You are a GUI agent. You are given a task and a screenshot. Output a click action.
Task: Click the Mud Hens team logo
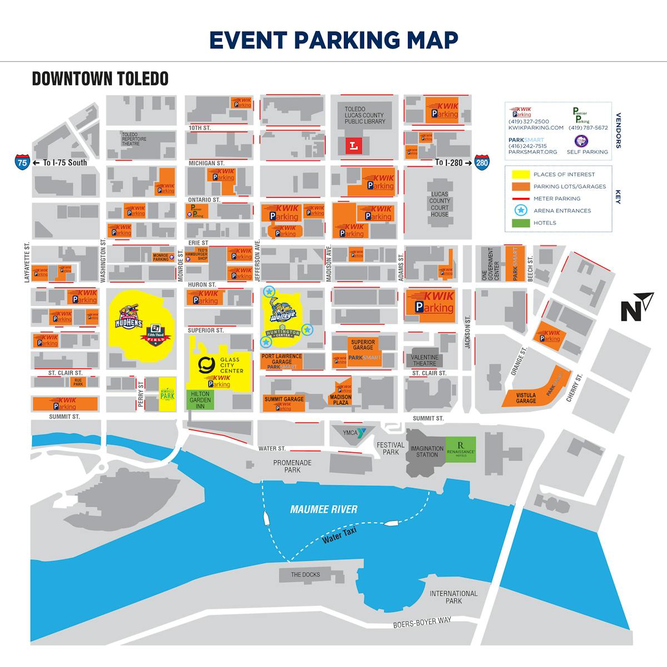[129, 316]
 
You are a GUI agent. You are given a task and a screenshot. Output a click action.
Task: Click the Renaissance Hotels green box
[461, 448]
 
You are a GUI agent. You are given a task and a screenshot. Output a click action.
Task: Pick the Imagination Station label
[427, 451]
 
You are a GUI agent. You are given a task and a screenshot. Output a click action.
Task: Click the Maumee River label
[323, 509]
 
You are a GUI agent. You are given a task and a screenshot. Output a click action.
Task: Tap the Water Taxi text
[339, 536]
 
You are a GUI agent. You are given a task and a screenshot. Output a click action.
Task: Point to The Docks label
[305, 575]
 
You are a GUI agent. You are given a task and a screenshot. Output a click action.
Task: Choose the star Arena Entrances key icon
[520, 211]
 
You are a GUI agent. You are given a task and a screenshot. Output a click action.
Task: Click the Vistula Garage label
[526, 398]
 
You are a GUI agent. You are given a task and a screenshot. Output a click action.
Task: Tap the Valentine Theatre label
[425, 361]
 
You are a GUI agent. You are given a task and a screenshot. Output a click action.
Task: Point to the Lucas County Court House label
[439, 204]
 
